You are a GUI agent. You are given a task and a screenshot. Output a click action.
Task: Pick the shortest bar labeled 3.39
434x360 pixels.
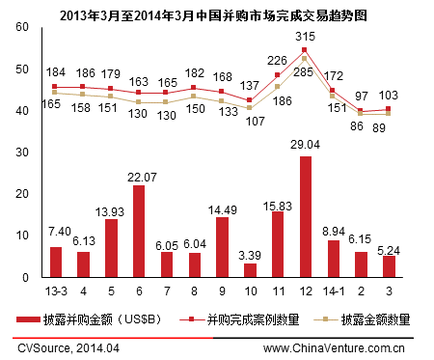(x=250, y=269)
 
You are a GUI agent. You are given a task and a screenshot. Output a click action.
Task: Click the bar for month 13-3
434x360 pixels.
(x=56, y=262)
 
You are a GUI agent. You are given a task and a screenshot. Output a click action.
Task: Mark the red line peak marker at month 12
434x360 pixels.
(x=305, y=50)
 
